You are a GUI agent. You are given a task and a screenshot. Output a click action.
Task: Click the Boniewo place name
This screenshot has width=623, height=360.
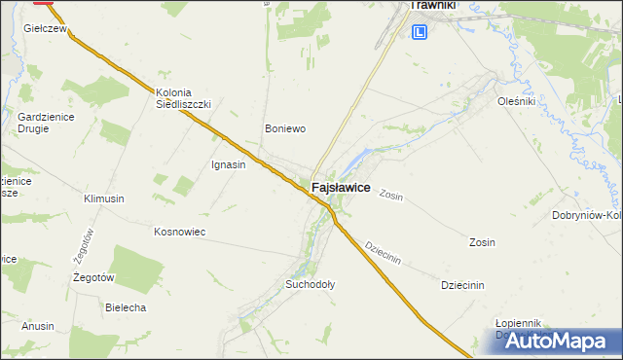click(x=286, y=127)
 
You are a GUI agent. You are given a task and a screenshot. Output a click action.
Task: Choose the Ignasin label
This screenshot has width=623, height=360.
click(x=228, y=164)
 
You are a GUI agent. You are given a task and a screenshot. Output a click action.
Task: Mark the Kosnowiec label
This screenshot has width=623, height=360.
click(x=179, y=232)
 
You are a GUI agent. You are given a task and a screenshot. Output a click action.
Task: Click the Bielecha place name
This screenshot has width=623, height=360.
click(x=125, y=307)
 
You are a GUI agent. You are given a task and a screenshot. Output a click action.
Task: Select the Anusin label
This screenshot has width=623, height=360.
click(x=38, y=326)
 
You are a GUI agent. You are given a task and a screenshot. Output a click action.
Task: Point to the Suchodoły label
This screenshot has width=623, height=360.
click(x=310, y=285)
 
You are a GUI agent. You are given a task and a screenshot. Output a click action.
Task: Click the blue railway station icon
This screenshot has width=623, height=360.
click(x=420, y=32)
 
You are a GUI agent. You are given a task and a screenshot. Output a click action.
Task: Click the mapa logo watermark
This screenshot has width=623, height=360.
click(x=550, y=342)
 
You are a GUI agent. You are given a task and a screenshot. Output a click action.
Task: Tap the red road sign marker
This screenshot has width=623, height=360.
click(x=44, y=2)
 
